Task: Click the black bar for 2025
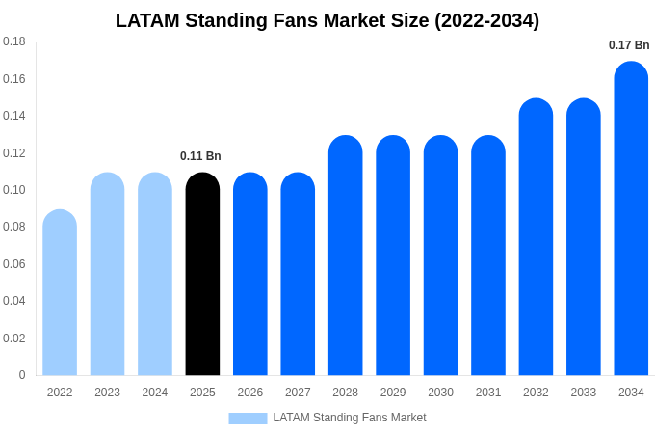click(202, 275)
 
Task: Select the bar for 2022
click(60, 293)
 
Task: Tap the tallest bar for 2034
click(631, 219)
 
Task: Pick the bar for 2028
click(346, 256)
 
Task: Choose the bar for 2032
click(536, 237)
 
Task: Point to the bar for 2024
click(155, 275)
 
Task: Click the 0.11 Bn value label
click(200, 156)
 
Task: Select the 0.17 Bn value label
click(629, 45)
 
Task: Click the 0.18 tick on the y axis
click(14, 41)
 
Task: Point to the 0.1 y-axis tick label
click(14, 190)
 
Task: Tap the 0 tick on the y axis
click(22, 375)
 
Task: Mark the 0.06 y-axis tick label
click(14, 264)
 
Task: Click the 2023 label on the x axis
click(107, 393)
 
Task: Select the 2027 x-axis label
click(298, 393)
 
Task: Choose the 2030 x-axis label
click(440, 393)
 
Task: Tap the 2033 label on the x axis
click(583, 393)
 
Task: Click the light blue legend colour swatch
click(248, 419)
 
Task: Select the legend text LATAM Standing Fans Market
click(349, 418)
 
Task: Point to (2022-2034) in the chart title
click(486, 20)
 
